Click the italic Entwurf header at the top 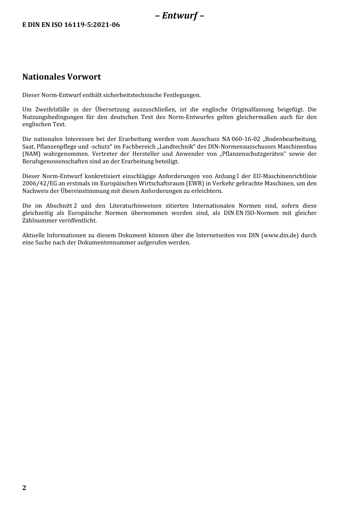180,16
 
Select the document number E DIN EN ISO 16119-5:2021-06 71,25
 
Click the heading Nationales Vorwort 61,77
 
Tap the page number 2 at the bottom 24,488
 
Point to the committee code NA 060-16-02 241,139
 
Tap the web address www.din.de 280,235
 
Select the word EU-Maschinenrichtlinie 285,176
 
